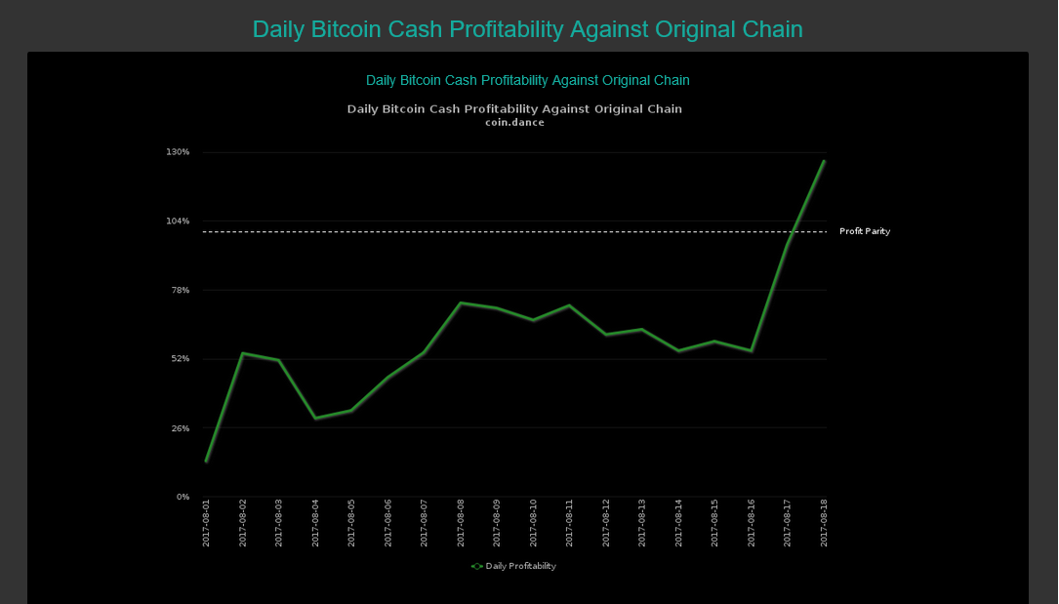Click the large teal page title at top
527,29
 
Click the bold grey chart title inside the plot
514,109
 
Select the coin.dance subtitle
514,123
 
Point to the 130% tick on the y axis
178,152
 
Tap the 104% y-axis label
178,221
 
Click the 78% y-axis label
180,290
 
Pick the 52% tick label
180,359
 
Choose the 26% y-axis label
180,428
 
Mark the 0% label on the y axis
183,497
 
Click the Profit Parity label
864,231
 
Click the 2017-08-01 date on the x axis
206,523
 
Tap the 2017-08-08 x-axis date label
461,523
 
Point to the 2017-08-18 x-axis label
824,523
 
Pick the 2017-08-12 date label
606,523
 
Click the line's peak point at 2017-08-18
824,161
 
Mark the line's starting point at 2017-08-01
206,461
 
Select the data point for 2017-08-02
242,353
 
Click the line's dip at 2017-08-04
315,419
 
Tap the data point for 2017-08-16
751,350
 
